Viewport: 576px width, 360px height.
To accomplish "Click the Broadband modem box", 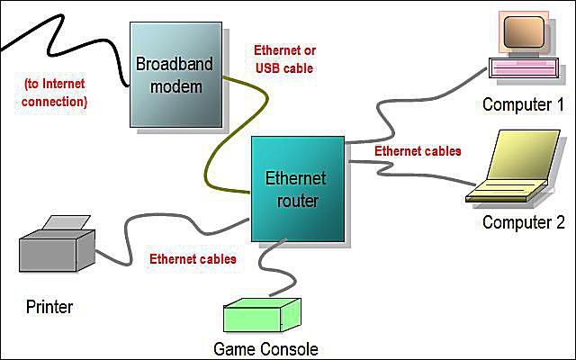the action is pos(176,75).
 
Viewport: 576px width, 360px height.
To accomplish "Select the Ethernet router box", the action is pos(298,189).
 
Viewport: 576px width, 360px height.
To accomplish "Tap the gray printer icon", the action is pos(57,244).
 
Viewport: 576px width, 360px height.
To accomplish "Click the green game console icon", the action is pos(262,315).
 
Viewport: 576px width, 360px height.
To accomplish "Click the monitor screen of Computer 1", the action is pos(524,32).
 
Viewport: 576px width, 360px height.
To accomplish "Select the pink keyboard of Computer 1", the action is pos(524,68).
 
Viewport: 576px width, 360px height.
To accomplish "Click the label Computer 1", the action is pos(523,104).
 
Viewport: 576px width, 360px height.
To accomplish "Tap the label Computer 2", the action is pos(524,222).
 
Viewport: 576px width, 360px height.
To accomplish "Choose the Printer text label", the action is pos(49,307).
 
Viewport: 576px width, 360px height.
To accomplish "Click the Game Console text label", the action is pos(265,349).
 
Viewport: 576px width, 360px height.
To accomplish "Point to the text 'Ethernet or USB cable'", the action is pos(284,59).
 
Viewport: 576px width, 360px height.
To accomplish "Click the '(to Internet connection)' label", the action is pos(54,93).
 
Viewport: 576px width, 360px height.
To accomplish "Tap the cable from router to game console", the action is pos(272,268).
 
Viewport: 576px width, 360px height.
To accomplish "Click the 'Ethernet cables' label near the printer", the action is pos(193,259).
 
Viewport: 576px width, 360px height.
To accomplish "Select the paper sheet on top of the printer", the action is pos(67,222).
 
